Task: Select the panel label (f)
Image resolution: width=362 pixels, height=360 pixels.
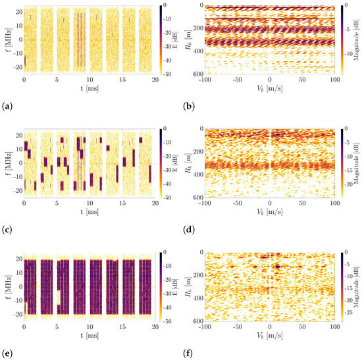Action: click(x=188, y=352)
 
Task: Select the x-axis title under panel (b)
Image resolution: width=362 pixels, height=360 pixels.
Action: click(x=270, y=88)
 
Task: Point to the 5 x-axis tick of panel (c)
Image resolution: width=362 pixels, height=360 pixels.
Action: click(x=57, y=203)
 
